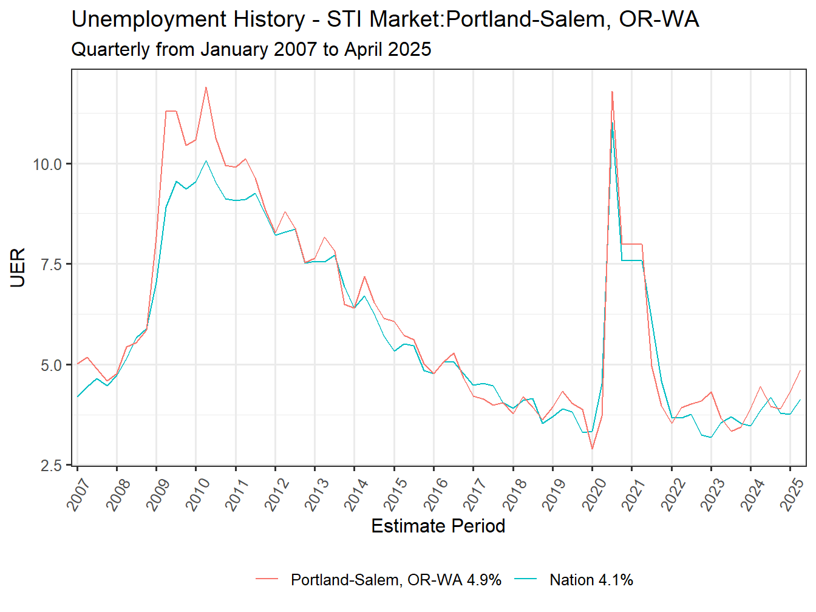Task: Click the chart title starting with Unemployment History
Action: pyautogui.click(x=385, y=19)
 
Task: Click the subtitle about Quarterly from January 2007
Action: pyautogui.click(x=251, y=49)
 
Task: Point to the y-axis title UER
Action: pyautogui.click(x=18, y=267)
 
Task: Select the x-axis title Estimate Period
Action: pyautogui.click(x=438, y=526)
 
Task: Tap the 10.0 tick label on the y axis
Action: pyautogui.click(x=47, y=164)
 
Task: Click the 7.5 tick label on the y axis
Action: pyautogui.click(x=51, y=264)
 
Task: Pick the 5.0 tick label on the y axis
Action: pyautogui.click(x=51, y=365)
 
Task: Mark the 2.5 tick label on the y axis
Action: pyautogui.click(x=51, y=466)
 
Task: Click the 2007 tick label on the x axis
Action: pyautogui.click(x=78, y=494)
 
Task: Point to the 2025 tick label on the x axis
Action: pyautogui.click(x=791, y=494)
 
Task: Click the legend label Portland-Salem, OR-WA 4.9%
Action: pyautogui.click(x=396, y=580)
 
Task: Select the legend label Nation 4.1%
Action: pyautogui.click(x=591, y=580)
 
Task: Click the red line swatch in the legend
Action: pyautogui.click(x=267, y=580)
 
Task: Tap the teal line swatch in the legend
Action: pyautogui.click(x=526, y=580)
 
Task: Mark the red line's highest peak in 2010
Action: pyautogui.click(x=206, y=87)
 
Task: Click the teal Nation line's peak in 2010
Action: pyautogui.click(x=206, y=161)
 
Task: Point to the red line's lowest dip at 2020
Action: pyautogui.click(x=592, y=449)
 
